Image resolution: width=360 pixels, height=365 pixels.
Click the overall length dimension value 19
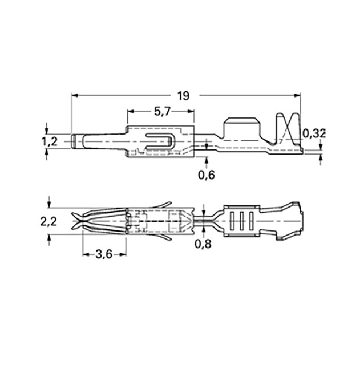pos(182,95)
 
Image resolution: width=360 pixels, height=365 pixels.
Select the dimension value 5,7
pos(162,112)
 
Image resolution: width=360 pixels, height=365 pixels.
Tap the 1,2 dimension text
pos(50,141)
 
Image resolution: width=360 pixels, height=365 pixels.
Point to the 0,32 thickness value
pos(314,133)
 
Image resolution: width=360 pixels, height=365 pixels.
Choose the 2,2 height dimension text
pos(49,222)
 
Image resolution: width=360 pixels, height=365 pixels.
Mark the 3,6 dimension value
pos(104,254)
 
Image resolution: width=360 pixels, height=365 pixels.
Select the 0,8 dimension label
pos(203,244)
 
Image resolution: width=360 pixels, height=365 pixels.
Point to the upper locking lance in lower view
pos(162,204)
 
